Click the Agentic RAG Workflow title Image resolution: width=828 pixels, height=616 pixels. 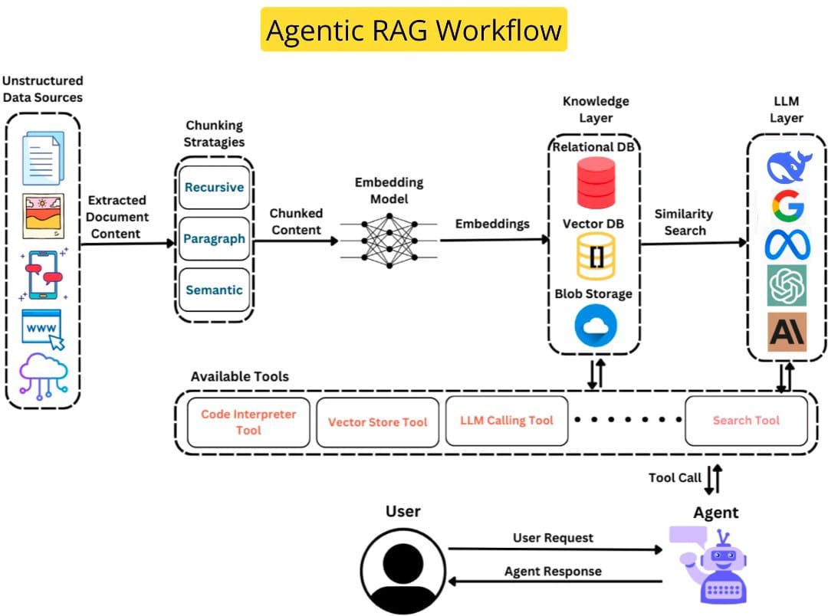coord(413,30)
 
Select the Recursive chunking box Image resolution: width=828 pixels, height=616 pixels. coord(214,188)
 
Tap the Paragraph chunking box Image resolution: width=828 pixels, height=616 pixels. coord(214,239)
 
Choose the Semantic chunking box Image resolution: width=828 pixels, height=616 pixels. coord(214,290)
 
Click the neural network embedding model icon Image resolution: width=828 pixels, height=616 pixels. coord(389,240)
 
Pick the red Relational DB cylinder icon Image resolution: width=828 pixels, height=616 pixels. coord(596,184)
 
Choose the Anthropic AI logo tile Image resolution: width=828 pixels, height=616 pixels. coord(787,332)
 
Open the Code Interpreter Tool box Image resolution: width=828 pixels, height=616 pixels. coord(248,422)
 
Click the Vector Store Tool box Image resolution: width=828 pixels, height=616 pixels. coord(377,422)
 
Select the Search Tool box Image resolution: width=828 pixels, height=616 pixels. coord(745,420)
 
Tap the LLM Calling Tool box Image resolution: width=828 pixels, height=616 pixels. coord(506,420)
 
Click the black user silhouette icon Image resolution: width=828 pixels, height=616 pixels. coord(403,571)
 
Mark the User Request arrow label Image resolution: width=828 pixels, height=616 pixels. coord(553,538)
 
